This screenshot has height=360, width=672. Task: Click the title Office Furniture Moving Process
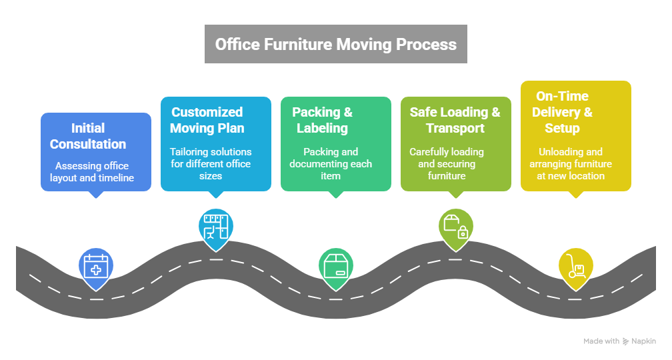[x=335, y=45]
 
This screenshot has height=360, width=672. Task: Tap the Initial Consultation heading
[x=88, y=136]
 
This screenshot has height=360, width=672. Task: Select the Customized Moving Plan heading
[x=207, y=120]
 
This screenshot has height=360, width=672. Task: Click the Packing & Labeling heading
[x=323, y=120]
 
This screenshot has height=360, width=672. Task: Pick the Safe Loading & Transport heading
[x=455, y=120]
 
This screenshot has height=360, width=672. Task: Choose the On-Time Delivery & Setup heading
[x=562, y=112]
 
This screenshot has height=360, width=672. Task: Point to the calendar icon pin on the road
[x=95, y=267]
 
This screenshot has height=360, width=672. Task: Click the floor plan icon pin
[x=215, y=227]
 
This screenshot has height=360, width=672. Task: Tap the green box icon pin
[x=335, y=267]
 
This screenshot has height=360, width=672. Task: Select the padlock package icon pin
[x=455, y=227]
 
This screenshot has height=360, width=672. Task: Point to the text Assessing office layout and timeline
[x=92, y=172]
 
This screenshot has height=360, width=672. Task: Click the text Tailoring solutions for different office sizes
[x=211, y=164]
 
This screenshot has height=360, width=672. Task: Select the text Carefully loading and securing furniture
[x=447, y=164]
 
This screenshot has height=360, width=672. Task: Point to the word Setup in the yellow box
[x=562, y=128]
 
